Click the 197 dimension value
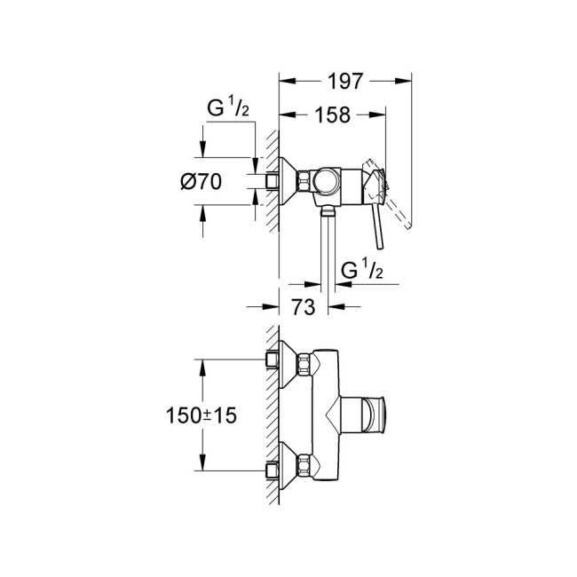[345, 81]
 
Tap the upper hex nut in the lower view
[305, 364]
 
